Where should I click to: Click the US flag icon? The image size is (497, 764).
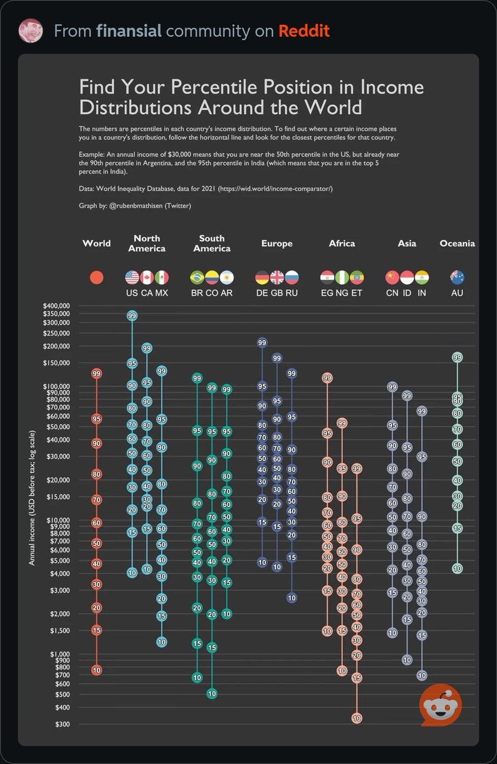pos(132,278)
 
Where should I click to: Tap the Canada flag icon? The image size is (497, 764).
pos(147,278)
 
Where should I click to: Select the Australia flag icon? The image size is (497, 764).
pos(457,278)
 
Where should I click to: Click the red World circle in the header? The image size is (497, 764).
pos(97,278)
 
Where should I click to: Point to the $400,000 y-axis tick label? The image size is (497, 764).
pos(56,306)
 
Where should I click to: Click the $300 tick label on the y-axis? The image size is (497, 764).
pos(60,725)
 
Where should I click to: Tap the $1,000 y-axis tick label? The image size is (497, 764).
pos(58,654)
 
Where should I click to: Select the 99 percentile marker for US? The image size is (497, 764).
pos(132,316)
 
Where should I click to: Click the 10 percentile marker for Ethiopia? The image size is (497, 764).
pos(356,718)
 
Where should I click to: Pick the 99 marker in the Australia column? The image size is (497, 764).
pos(457,358)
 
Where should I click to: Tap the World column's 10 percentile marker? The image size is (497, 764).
pos(97,670)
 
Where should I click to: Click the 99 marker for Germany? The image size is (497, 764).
pos(262,343)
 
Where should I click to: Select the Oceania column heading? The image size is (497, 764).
pos(457,243)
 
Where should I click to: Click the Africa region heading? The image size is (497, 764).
pos(342,243)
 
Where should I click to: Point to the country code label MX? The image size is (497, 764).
pos(162,293)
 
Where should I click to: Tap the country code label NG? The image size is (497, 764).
pos(342,293)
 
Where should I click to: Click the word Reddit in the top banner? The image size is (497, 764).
pos(304,31)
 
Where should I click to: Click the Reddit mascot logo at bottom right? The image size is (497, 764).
pos(440,705)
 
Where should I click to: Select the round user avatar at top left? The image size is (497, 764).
pos(31,31)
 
